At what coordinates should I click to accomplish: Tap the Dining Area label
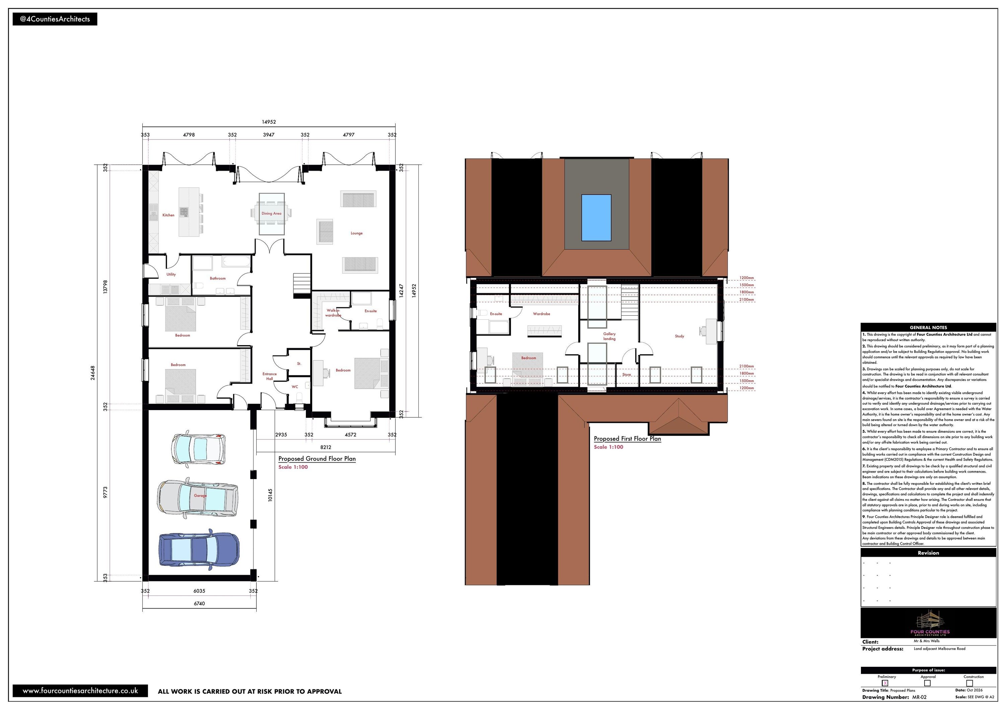[x=271, y=214]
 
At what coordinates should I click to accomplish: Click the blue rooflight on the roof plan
[x=596, y=217]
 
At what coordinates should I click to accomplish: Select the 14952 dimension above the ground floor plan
[x=269, y=122]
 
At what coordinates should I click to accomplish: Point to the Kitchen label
[x=168, y=215]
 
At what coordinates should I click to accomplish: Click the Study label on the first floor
[x=679, y=336]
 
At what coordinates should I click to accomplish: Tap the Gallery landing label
[x=609, y=336]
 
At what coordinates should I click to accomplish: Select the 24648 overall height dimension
[x=93, y=373]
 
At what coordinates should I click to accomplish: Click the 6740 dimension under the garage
[x=199, y=603]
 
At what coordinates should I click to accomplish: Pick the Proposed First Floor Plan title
[x=627, y=439]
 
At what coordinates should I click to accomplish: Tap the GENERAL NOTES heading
[x=928, y=327]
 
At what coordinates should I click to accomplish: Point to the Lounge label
[x=356, y=233]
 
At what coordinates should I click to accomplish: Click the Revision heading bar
[x=928, y=553]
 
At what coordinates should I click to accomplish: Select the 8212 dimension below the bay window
[x=326, y=447]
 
